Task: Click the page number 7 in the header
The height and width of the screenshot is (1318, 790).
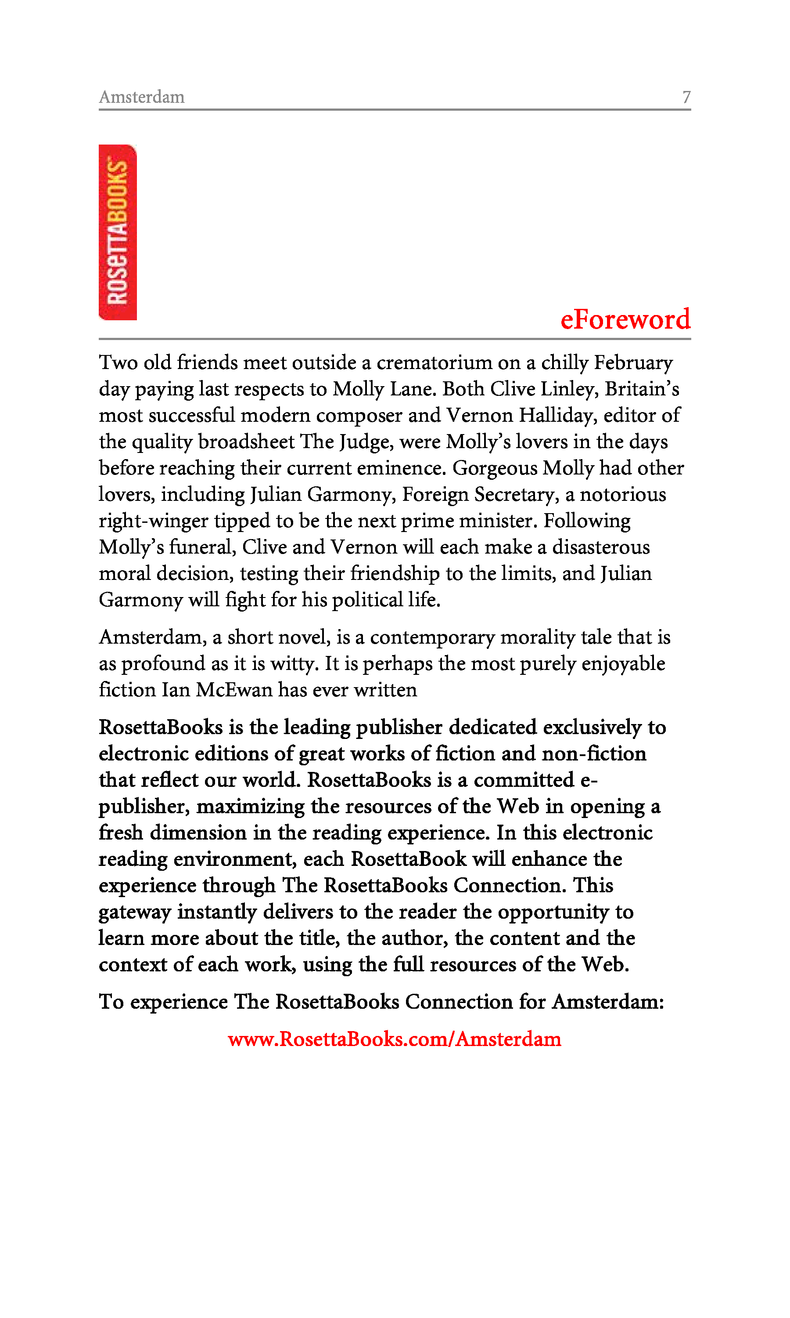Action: tap(686, 97)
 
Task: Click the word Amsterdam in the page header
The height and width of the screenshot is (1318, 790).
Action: tap(142, 97)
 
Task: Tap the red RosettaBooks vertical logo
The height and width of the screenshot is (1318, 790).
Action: tap(118, 232)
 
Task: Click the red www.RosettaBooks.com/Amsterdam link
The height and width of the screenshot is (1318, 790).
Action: tap(395, 1039)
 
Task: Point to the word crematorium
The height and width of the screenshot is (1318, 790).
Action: tap(434, 363)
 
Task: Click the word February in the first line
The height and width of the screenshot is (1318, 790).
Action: tap(633, 363)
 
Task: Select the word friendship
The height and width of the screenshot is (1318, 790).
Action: tap(395, 574)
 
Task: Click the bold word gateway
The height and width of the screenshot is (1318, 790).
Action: tap(135, 912)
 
